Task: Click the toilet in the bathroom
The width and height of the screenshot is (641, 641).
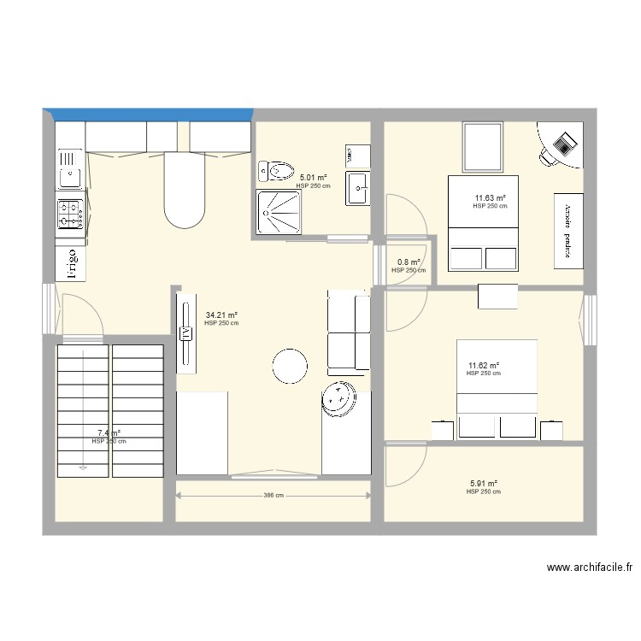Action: tap(274, 172)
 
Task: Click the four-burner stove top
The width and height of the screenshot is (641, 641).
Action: tap(70, 215)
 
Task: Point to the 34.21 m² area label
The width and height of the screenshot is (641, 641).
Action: tap(221, 315)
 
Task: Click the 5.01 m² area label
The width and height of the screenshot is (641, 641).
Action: tap(313, 178)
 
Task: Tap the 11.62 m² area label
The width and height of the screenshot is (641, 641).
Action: tap(483, 365)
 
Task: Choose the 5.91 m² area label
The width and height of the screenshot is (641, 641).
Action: tap(483, 483)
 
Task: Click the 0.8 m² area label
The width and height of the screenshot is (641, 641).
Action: tap(409, 262)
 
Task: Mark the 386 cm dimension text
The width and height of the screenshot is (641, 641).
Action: tap(273, 496)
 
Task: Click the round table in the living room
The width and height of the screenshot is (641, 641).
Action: tap(289, 367)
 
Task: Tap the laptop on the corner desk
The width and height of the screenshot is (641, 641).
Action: tap(564, 143)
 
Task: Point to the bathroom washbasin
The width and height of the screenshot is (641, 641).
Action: tap(357, 188)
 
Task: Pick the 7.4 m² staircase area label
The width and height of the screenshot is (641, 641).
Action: tap(109, 433)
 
